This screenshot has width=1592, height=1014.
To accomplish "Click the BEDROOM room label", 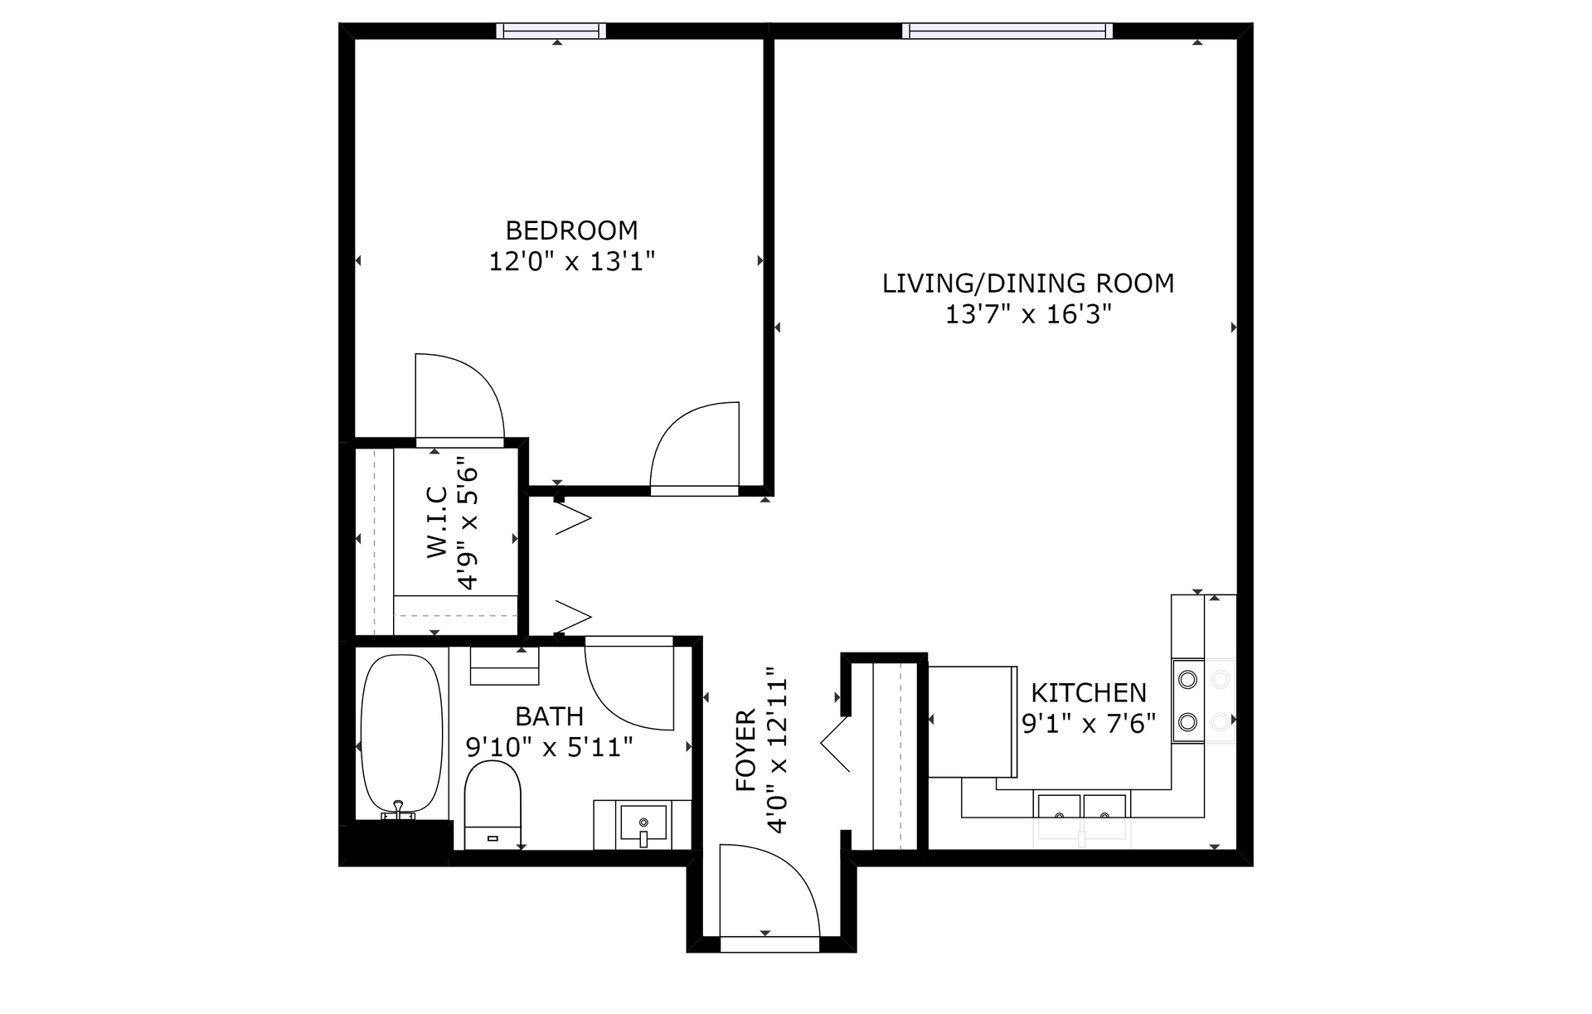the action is point(571,230).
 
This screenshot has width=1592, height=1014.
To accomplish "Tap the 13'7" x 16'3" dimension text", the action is point(1028,314).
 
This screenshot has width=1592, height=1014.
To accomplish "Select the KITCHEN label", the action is point(1089,692).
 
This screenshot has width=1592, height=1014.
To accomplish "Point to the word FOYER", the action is point(746,750).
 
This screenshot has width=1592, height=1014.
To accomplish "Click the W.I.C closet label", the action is point(438,522).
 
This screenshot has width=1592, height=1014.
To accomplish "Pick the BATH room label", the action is point(549,716).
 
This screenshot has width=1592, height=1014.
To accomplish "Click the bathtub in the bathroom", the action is point(402,734).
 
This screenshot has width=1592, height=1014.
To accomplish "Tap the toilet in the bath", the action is point(493,804).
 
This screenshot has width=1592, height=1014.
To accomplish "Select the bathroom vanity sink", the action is point(643,824).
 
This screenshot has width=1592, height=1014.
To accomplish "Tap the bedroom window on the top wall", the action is point(551,31).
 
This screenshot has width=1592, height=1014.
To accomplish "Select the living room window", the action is point(1007,31).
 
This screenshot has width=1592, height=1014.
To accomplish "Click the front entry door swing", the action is point(770,891).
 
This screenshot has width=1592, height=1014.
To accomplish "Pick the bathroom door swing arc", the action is point(629,687).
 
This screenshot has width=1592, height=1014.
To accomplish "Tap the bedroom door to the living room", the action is point(695,448).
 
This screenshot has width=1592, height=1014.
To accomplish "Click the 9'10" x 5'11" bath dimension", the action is point(549,747).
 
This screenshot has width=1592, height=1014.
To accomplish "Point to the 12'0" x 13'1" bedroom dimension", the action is point(571,262).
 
